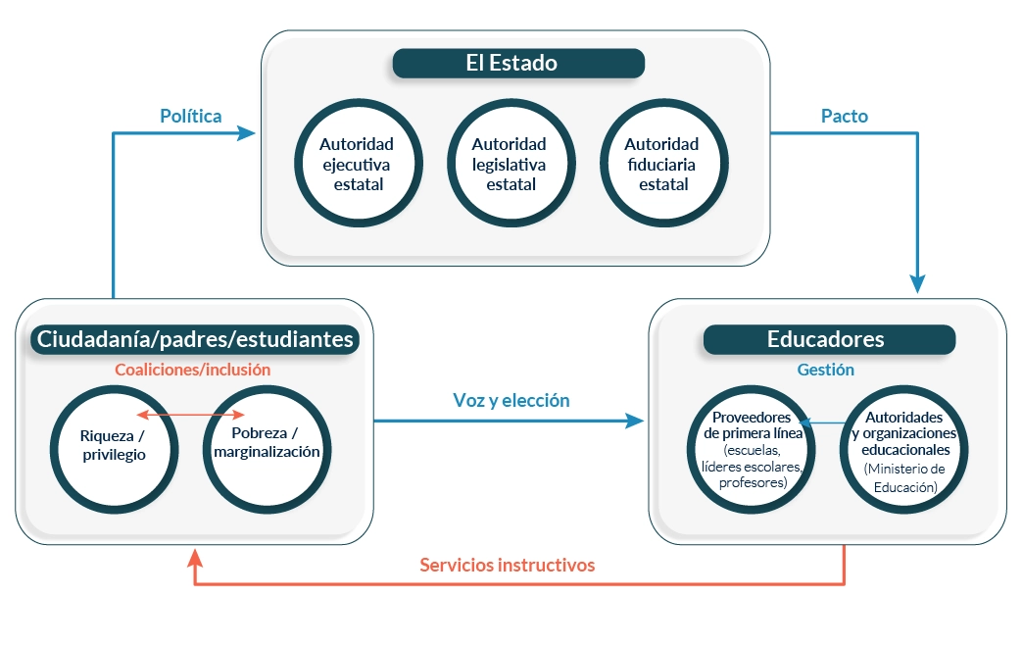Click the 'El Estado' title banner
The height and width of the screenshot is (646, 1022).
point(518,64)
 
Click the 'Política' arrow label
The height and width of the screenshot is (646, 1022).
point(191,116)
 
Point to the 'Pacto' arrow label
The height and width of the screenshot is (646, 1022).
point(845,116)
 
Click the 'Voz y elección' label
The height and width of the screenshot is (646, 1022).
point(511,400)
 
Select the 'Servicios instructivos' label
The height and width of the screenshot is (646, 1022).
point(507,565)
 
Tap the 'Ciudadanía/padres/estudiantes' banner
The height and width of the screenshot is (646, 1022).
point(195,340)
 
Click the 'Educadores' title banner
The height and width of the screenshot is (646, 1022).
point(829,339)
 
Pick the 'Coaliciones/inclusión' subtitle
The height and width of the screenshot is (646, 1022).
point(192,370)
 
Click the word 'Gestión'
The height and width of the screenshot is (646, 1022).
point(825,370)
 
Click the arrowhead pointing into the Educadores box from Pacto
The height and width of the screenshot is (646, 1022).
point(917,284)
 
